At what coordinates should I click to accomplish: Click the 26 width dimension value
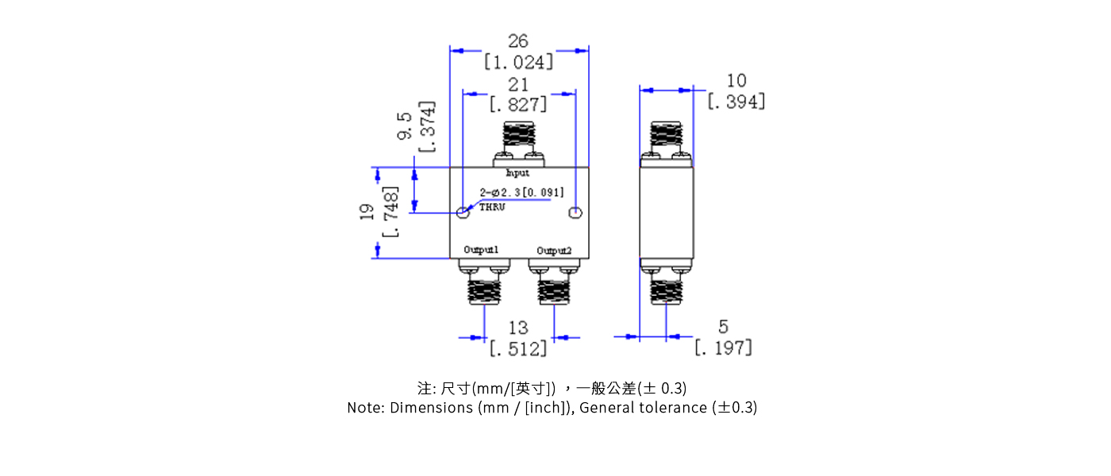pos(517,41)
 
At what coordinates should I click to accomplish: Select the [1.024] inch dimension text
pos(518,62)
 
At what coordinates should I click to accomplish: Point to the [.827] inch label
pos(518,105)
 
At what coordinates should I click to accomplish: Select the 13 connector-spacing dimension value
pos(517,328)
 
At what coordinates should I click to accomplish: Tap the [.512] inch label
pos(518,348)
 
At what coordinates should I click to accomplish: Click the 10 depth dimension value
pos(736,80)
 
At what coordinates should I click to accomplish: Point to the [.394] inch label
pos(736,102)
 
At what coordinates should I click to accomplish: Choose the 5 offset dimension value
pos(723,326)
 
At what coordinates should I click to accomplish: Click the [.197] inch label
pos(723,347)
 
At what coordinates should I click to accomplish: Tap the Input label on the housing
pos(517,172)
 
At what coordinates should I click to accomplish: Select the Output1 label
pos(481,250)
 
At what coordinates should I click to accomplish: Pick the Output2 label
pos(553,251)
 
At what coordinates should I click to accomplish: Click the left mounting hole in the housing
pos(463,213)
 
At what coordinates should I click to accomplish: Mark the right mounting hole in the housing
pos(576,213)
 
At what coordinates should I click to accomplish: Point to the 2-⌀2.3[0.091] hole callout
pos(521,192)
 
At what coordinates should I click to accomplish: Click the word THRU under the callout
pos(492,207)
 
